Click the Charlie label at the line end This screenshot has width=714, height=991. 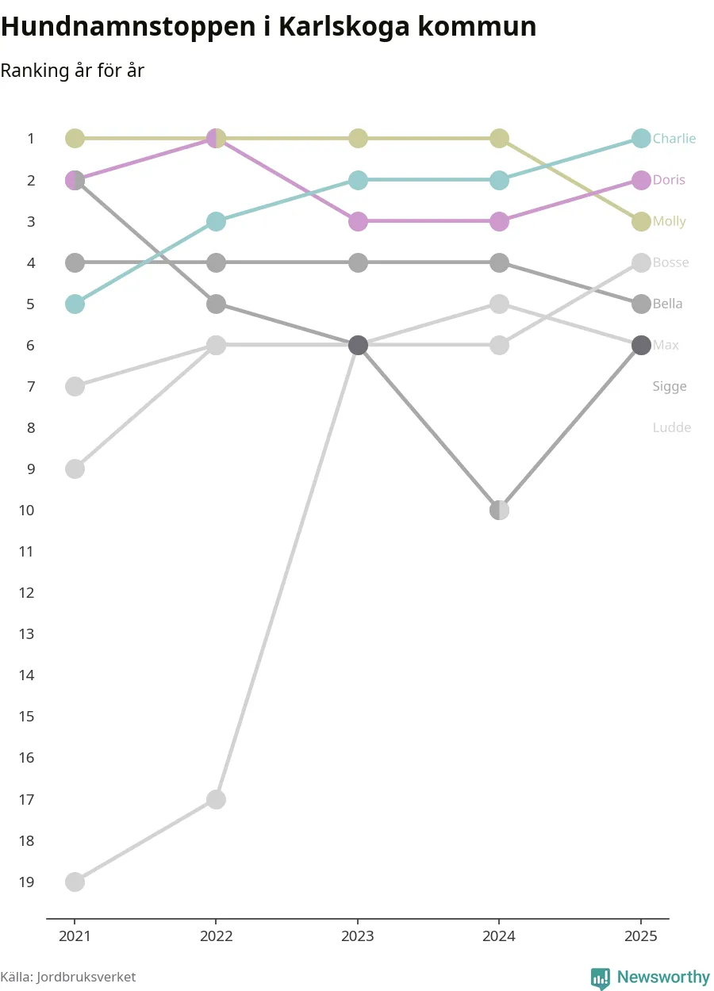(674, 139)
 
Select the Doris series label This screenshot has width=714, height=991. (668, 180)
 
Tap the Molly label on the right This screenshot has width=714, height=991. (669, 221)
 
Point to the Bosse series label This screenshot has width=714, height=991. (670, 262)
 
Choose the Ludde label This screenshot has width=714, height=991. (671, 427)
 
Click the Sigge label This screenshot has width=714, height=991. (669, 386)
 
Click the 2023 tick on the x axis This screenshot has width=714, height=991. (358, 936)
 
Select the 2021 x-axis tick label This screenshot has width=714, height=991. (75, 936)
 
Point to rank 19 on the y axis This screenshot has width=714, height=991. (27, 882)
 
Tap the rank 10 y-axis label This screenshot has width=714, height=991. (27, 510)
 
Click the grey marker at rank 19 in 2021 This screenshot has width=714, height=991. (75, 882)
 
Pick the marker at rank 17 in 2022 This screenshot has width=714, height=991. (216, 799)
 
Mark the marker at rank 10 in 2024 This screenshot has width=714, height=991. (499, 510)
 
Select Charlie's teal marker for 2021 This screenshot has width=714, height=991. (75, 304)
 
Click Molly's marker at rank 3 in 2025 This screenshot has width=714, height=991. (641, 221)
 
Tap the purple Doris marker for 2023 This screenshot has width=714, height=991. (358, 221)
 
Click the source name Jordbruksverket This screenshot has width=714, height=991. (86, 978)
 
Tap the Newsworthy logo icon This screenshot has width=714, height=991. (601, 978)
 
